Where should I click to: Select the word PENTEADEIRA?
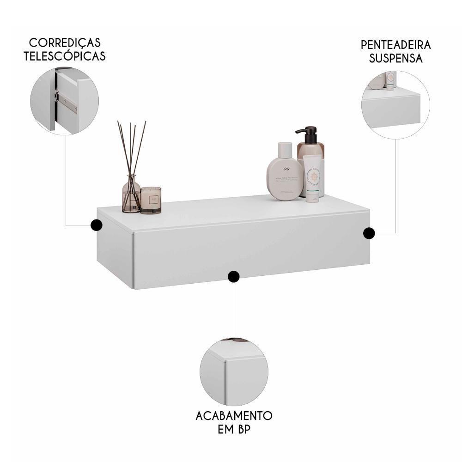pos(395,45)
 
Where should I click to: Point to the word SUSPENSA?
pos(396,58)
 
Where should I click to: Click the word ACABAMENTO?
pos(234,415)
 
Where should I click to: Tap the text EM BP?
pos(234,429)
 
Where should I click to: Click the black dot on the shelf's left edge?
pos(97,225)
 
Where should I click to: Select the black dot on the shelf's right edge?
pos(369,233)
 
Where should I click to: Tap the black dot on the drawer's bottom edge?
pos(234,276)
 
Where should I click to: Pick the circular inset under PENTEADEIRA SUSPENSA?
pos(395,105)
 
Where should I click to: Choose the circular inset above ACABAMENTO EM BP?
pos(234,372)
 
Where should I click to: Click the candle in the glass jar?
pos(151,200)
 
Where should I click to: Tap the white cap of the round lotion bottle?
pos(285,149)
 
